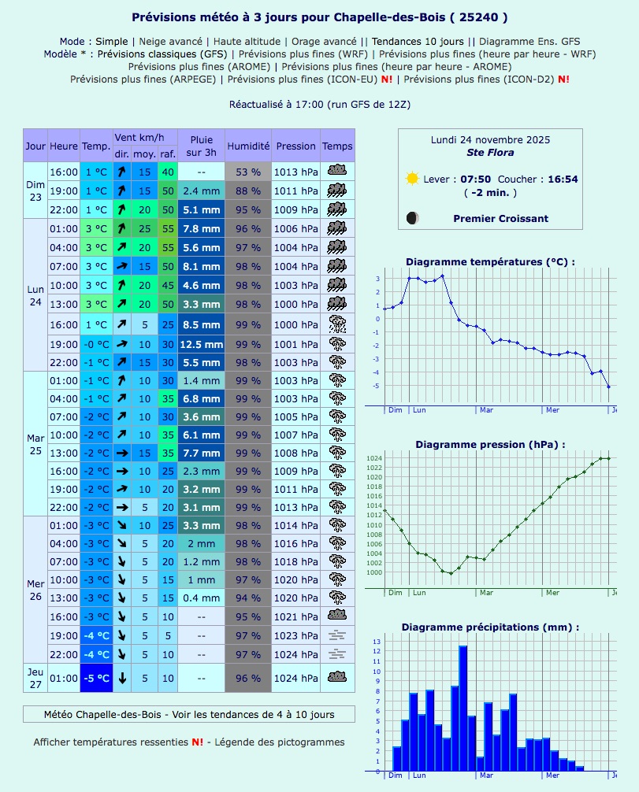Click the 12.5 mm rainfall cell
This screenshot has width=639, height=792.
(201, 344)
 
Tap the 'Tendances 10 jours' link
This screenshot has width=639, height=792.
(418, 41)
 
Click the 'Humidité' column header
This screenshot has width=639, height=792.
(248, 146)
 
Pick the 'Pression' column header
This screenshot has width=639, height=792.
(296, 146)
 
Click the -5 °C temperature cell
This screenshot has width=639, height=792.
(97, 678)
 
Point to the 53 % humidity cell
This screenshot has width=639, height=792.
(248, 172)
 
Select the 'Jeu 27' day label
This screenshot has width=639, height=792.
(35, 678)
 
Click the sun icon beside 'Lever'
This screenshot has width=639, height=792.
(411, 179)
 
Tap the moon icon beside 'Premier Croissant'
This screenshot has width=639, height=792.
(412, 218)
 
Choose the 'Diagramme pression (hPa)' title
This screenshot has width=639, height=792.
(490, 444)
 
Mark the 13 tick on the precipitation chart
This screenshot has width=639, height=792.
(377, 642)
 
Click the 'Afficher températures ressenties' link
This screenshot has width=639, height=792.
(111, 742)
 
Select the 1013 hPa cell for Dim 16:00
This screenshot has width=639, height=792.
(296, 172)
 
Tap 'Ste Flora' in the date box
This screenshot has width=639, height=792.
(490, 152)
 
